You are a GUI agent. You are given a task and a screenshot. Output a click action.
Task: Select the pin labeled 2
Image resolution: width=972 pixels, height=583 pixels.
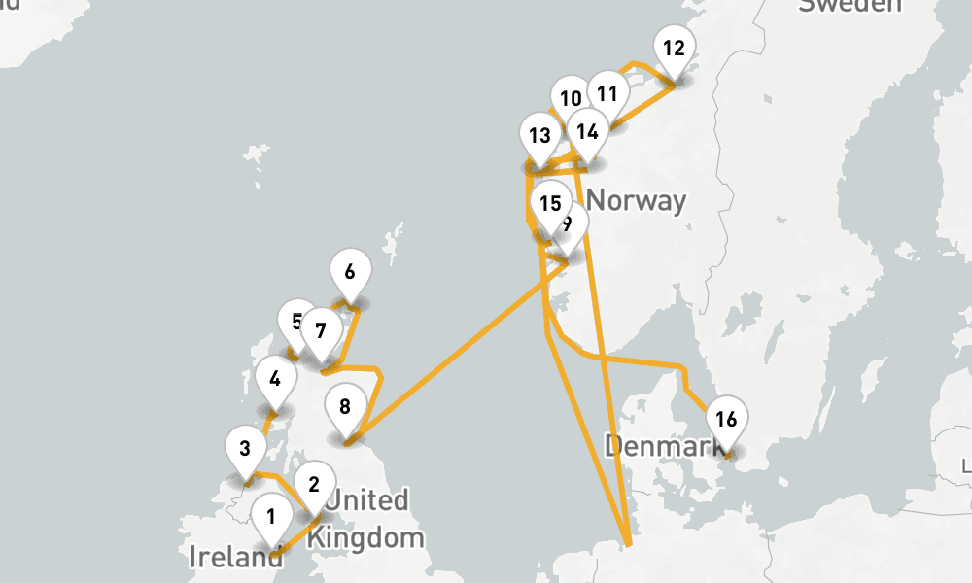point(313,484)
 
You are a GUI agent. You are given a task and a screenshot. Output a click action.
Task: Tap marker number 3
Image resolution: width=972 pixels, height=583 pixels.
point(245,449)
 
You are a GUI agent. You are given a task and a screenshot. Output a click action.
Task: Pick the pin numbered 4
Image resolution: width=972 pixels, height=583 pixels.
point(276,379)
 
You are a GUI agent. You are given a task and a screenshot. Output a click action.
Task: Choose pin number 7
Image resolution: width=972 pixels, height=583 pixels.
point(321,330)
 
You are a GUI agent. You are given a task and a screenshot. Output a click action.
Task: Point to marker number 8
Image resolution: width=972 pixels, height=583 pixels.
point(345,406)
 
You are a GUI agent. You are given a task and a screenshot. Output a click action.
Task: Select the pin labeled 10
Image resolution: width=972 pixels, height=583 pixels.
point(571,98)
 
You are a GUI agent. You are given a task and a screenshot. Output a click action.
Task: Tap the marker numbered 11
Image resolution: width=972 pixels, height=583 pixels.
point(607,94)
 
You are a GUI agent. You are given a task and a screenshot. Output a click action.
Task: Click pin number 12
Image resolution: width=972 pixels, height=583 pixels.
point(674,49)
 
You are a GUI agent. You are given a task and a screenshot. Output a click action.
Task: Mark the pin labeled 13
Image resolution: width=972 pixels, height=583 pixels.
point(539,136)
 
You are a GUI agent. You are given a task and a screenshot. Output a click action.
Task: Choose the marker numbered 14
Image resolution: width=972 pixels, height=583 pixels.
point(587,131)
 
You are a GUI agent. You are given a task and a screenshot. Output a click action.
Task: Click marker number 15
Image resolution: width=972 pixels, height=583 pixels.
point(551,204)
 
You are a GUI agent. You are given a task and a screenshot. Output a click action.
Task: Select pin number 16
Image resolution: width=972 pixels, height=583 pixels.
point(725,420)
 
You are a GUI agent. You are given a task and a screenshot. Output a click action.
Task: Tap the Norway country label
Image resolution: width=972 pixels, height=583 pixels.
point(637,201)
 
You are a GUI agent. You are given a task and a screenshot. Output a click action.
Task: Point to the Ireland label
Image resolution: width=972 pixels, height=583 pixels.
point(236,558)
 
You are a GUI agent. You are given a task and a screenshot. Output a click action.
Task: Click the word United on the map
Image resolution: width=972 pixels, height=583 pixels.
point(367,500)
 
